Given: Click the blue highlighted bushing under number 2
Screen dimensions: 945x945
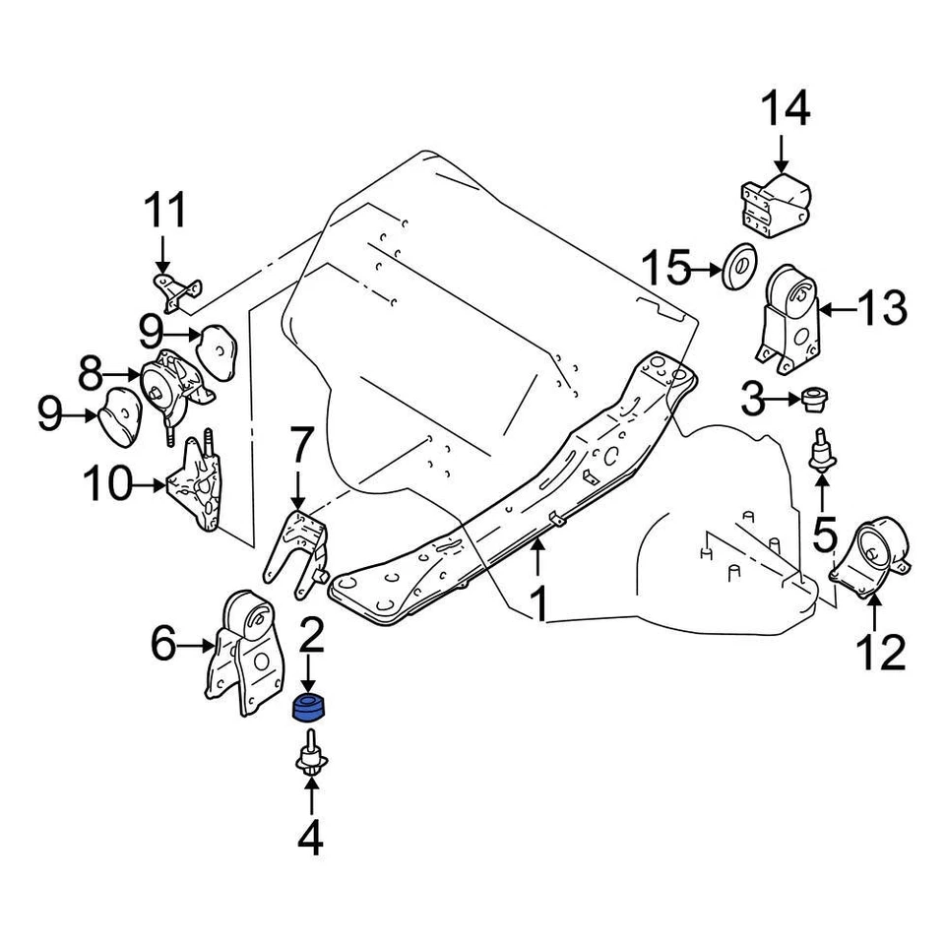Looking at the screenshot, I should (312, 707).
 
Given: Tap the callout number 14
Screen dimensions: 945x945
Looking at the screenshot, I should (785, 108).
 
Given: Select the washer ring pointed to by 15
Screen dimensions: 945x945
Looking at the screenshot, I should (738, 268).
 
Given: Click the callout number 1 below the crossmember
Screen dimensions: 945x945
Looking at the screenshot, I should (538, 603).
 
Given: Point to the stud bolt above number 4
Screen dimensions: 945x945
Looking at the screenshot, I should (312, 754).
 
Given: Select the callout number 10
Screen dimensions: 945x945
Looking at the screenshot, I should (109, 485).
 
